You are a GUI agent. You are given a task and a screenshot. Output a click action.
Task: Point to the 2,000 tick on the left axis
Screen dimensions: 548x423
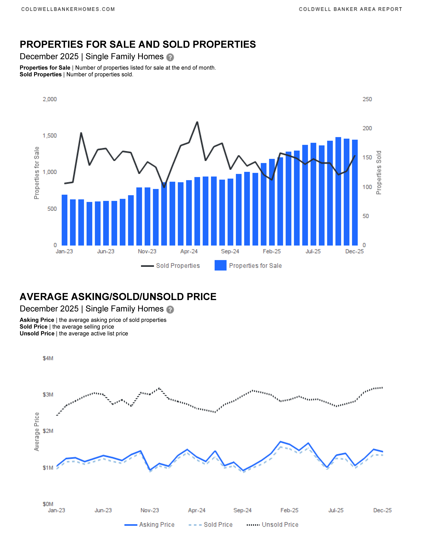pos(50,99)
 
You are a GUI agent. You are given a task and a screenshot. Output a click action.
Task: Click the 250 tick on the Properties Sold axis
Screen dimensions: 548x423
pos(367,99)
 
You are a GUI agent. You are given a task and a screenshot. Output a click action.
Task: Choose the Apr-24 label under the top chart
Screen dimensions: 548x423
pos(189,251)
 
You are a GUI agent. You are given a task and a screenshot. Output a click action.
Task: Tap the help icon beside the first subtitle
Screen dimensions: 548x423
pos(170,57)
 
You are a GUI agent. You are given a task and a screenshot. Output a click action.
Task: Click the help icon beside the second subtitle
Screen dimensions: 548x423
pos(170,310)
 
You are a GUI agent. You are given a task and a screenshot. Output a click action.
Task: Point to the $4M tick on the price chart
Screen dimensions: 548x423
pos(48,358)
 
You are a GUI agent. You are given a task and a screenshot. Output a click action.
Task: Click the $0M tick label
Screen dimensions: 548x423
pos(48,504)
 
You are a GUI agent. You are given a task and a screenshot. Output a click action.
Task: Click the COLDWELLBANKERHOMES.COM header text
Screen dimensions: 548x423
pos(68,9)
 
